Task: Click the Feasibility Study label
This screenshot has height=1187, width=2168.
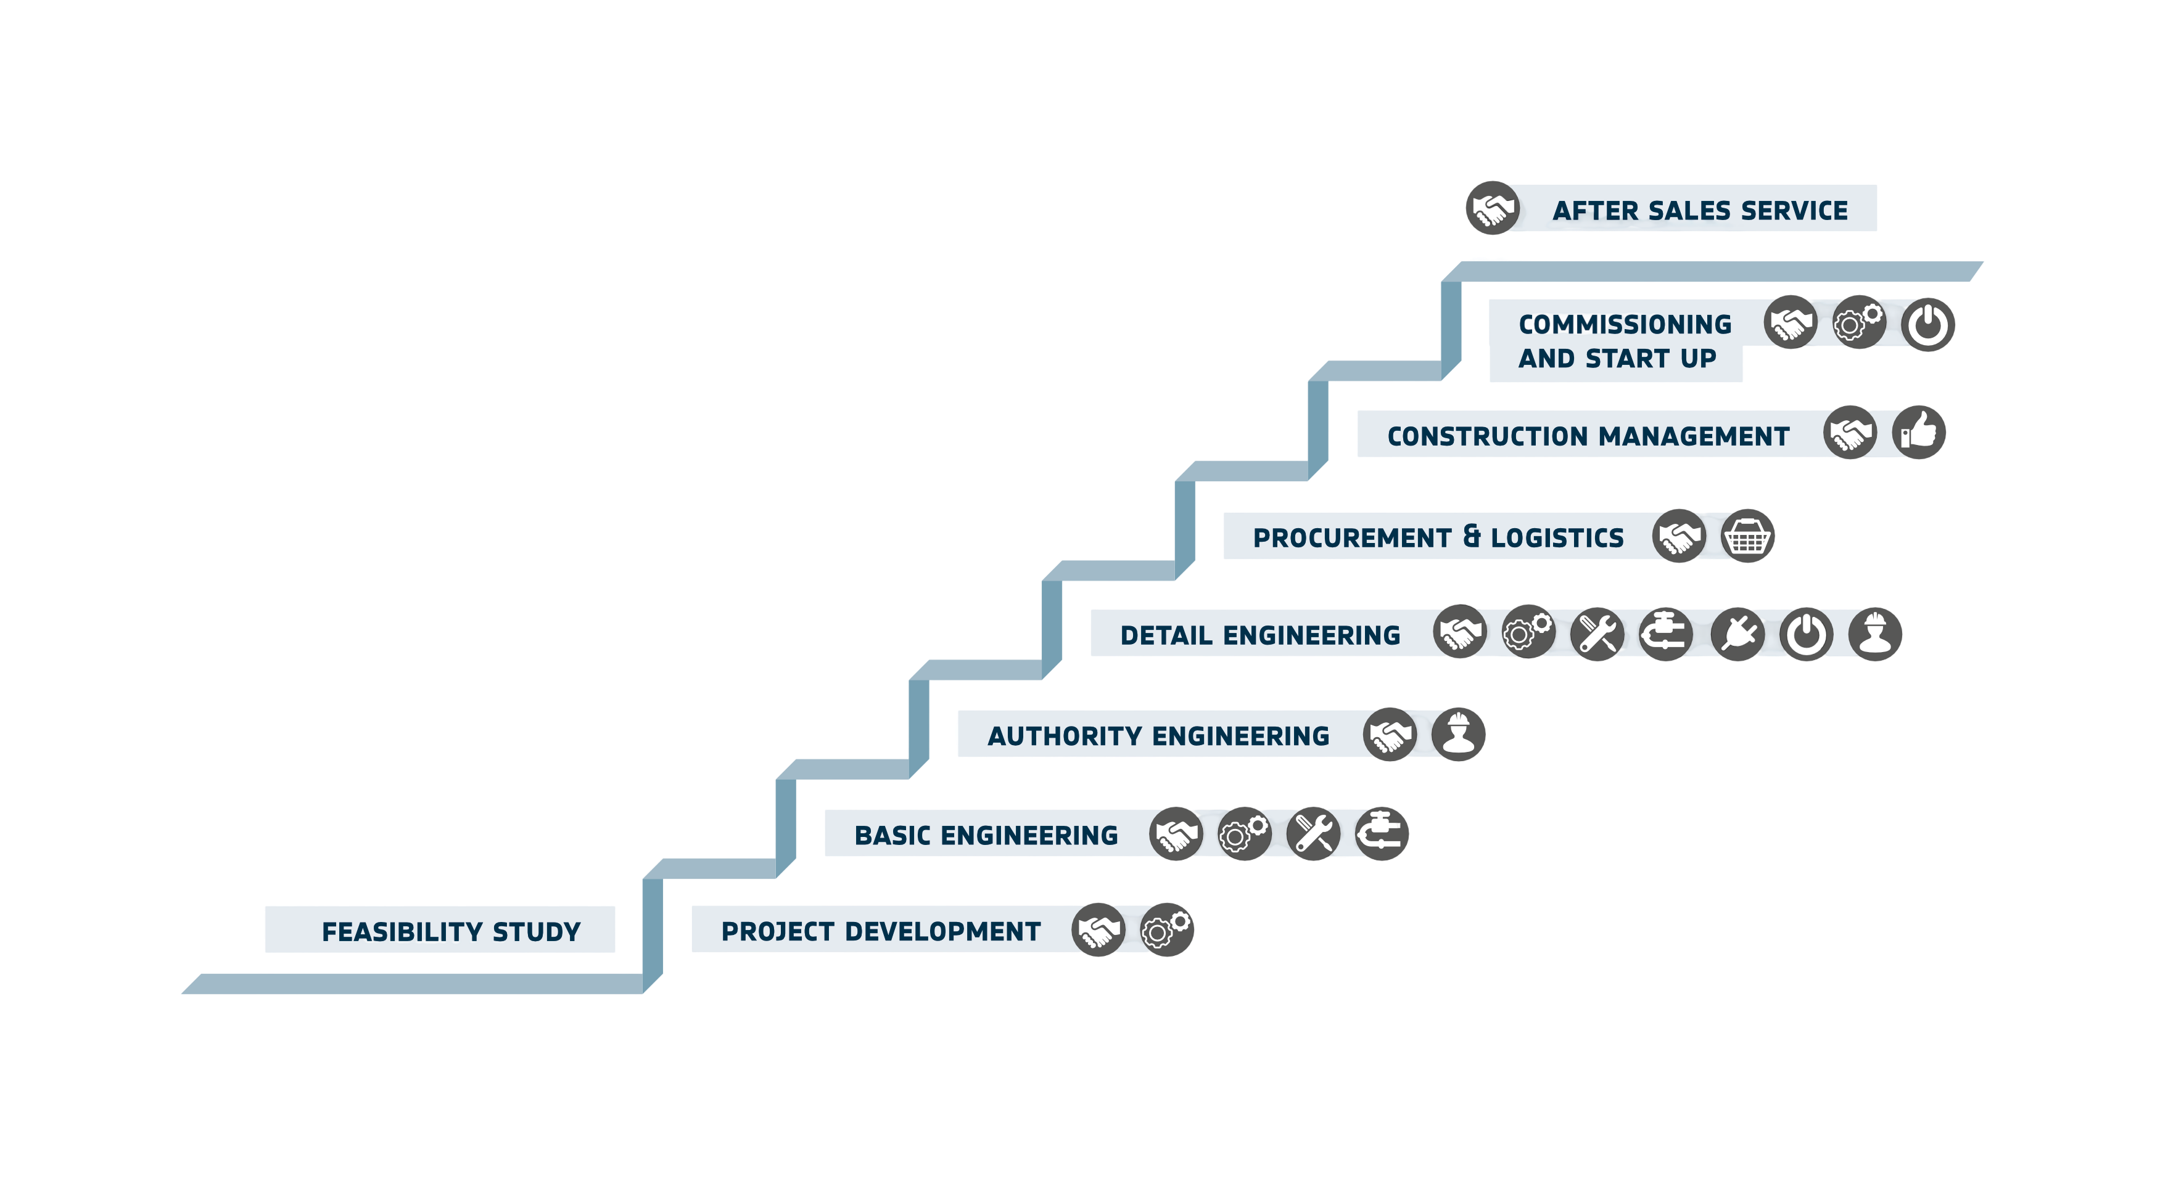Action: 451,931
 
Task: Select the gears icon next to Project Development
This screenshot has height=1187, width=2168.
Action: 1166,929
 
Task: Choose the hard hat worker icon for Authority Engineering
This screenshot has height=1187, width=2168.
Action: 1459,735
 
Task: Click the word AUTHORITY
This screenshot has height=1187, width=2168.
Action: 1065,736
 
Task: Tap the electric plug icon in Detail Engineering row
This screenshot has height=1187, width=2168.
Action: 1737,634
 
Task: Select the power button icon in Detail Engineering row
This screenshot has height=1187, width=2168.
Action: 1806,634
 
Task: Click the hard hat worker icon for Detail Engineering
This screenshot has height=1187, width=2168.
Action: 1875,634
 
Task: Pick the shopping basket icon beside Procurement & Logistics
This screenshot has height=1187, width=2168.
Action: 1747,536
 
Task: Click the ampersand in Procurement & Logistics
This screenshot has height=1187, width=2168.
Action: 1472,537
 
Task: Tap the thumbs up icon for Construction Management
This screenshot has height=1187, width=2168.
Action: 1919,433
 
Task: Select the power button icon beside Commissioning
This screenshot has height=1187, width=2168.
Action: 1928,324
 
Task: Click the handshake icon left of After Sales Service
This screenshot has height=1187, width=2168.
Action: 1492,208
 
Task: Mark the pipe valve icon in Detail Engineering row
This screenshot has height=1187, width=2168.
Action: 1665,634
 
